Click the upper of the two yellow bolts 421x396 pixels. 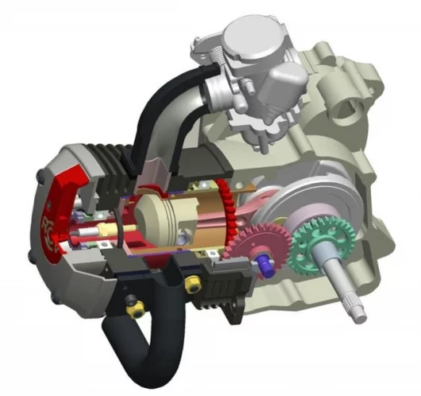(x=191, y=283)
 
